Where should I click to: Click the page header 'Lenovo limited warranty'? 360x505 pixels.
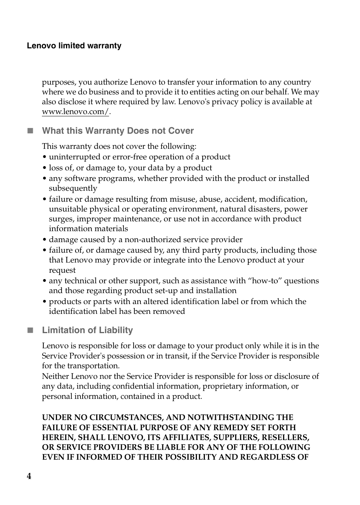coord(74,46)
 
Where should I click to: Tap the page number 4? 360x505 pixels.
coord(29,476)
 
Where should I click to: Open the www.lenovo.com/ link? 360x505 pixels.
coord(75,112)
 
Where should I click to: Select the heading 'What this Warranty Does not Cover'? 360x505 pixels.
coord(118,131)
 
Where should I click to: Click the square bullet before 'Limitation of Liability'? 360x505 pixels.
coord(30,330)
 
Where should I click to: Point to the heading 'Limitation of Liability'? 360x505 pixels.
coord(88,330)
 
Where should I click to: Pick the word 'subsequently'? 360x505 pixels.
coord(73,188)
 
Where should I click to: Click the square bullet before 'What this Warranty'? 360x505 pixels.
coord(30,131)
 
